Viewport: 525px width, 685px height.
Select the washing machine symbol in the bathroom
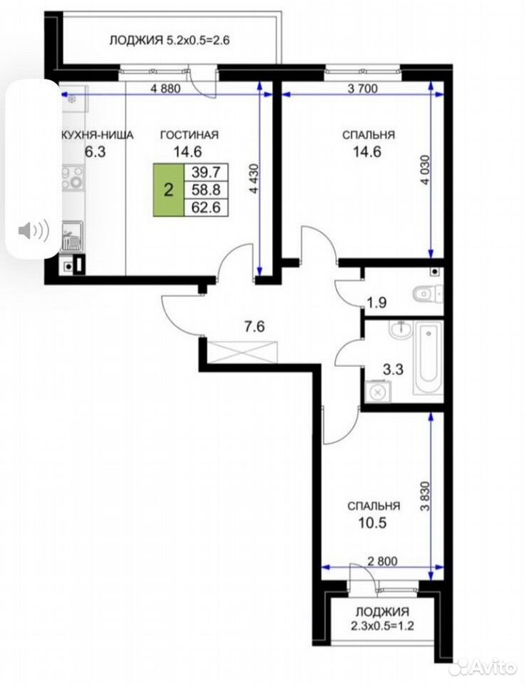377,392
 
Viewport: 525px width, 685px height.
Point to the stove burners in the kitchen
73,178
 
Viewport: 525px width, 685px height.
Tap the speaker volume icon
34,230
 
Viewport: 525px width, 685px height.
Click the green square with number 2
169,190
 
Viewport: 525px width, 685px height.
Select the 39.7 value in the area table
206,172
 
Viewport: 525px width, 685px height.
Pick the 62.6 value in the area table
206,208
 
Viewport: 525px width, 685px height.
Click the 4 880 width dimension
165,88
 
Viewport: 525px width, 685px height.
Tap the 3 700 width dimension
362,88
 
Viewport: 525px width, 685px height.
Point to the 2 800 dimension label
383,561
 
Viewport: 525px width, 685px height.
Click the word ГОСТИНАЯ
189,135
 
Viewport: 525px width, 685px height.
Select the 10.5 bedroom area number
373,523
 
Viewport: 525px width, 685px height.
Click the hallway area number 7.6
254,326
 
